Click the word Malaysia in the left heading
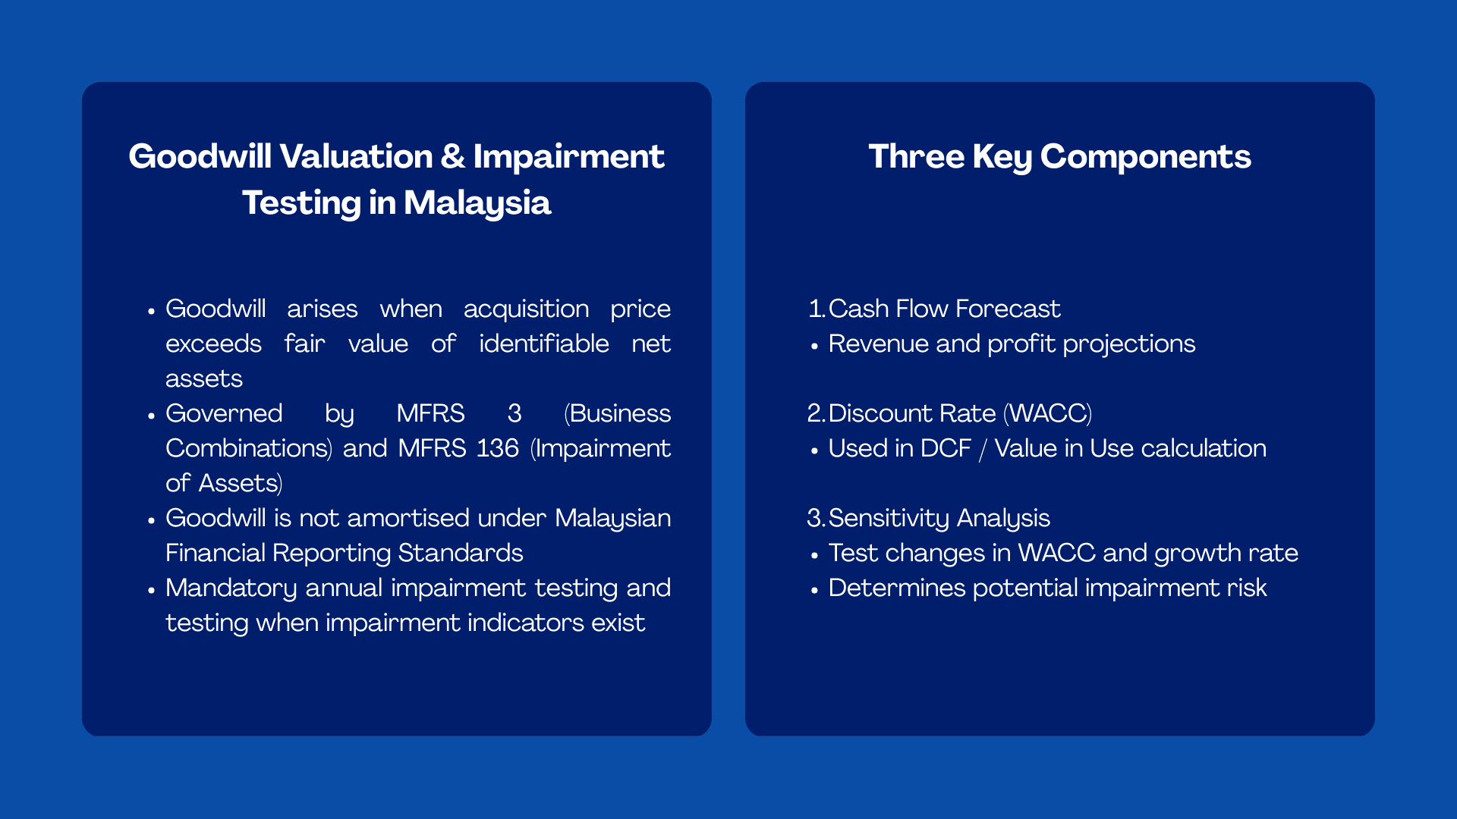(x=477, y=203)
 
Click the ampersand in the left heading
(x=452, y=157)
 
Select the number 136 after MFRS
(x=497, y=448)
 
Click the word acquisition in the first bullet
(x=526, y=309)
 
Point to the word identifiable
(x=543, y=344)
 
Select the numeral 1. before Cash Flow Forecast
(x=816, y=309)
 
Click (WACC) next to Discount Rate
(x=1047, y=414)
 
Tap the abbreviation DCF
(x=945, y=449)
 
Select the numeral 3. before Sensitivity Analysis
(x=816, y=519)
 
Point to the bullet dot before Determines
(x=814, y=590)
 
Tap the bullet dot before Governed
(x=152, y=416)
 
